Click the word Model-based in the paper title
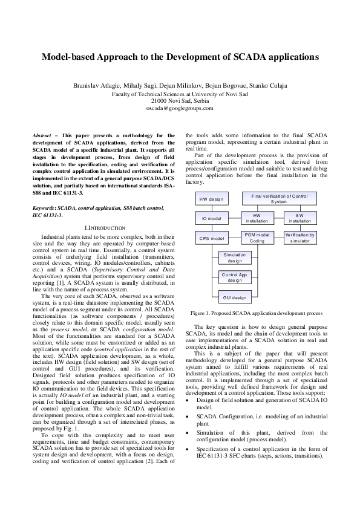67,58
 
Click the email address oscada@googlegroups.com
180,108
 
